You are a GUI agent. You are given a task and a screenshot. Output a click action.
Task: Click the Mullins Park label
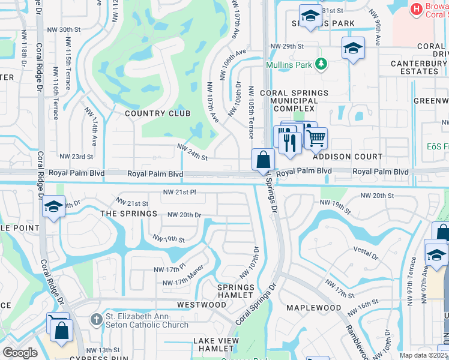point(291,63)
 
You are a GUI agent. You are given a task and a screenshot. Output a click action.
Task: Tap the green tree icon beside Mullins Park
point(322,63)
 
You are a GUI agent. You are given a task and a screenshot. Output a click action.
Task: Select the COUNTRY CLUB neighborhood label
point(157,113)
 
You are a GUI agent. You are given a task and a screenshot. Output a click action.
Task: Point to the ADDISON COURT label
point(347,157)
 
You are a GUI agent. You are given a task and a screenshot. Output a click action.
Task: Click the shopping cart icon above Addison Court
point(316,139)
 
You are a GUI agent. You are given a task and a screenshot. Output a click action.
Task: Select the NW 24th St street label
point(191,152)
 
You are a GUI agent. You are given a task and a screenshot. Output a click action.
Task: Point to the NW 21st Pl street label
point(180,193)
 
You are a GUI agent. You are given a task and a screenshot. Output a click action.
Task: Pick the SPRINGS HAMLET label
point(235,292)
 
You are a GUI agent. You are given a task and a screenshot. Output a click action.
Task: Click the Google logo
point(19,353)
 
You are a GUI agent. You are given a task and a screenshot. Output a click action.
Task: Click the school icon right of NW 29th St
point(353,48)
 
